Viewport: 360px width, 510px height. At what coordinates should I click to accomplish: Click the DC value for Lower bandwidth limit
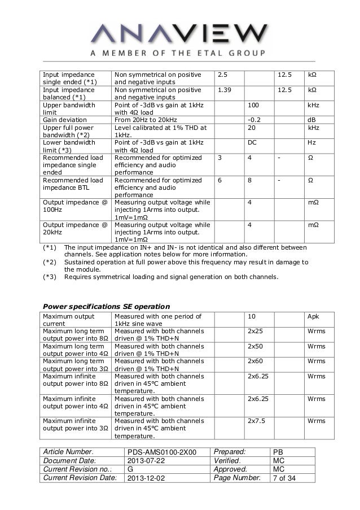click(x=253, y=143)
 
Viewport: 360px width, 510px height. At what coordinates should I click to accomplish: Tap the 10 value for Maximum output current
click(x=252, y=316)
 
